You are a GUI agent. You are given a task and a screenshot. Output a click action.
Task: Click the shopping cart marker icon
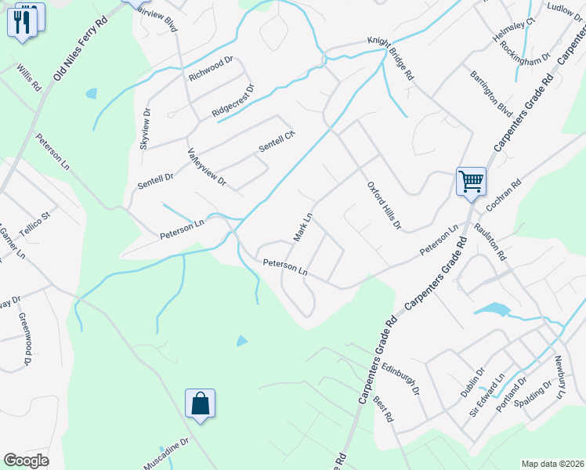click(x=471, y=181)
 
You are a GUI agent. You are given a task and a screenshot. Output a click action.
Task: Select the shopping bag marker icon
click(x=200, y=403)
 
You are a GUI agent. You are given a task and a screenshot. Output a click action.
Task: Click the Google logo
click(x=26, y=461)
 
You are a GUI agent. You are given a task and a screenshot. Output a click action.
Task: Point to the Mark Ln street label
click(x=302, y=226)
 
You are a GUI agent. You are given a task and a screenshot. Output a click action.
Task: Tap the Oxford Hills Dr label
click(x=384, y=206)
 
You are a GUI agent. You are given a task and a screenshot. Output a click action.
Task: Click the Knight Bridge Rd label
click(x=401, y=49)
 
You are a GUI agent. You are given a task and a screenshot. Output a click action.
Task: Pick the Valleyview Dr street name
click(x=206, y=167)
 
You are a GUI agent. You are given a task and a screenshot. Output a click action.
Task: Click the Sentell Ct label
click(x=277, y=142)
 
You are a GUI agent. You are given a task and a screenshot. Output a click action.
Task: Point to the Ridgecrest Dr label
click(x=233, y=102)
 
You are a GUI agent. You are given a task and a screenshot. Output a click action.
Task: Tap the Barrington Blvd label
click(x=490, y=89)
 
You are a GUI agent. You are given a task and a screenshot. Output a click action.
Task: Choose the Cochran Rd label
click(x=503, y=197)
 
